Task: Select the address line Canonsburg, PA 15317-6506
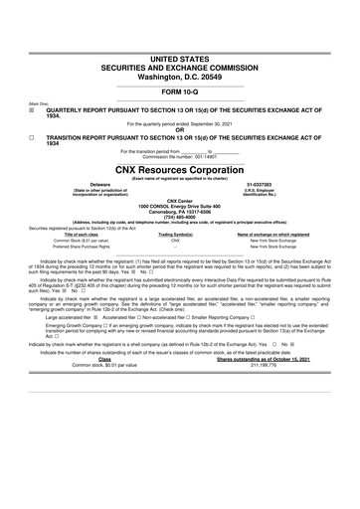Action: point(180,210)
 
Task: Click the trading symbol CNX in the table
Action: point(175,241)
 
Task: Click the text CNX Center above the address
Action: point(180,199)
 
